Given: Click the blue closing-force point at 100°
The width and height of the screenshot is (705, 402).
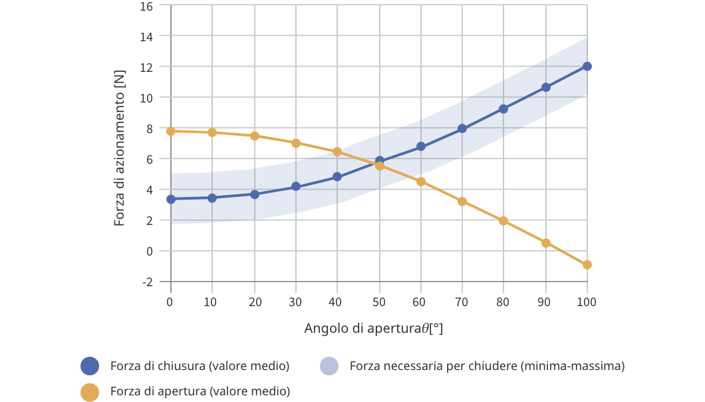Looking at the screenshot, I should tap(587, 66).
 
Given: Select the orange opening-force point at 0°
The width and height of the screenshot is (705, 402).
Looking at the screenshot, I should tap(171, 131).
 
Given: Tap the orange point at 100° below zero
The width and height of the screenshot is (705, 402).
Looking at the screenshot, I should tap(587, 265).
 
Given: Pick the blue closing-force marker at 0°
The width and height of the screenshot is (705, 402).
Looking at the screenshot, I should tap(171, 199).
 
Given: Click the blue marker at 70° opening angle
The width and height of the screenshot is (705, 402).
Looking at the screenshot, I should tap(462, 128).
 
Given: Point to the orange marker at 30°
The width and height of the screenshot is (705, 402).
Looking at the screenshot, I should tap(296, 143).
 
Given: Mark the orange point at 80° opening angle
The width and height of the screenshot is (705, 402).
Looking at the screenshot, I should tap(503, 221).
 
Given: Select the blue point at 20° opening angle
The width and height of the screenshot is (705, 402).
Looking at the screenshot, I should tap(254, 194).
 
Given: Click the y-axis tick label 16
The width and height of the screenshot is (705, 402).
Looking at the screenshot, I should tap(146, 6).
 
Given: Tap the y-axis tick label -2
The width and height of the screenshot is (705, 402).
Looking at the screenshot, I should tap(147, 282).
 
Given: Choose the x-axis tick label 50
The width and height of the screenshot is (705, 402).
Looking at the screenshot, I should tap(379, 301).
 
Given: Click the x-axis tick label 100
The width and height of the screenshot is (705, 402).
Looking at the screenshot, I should tap(587, 301).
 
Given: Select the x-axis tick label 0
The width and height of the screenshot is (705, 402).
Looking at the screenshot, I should tap(171, 301).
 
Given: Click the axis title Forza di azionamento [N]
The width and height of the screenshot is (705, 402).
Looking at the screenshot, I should tap(120, 148).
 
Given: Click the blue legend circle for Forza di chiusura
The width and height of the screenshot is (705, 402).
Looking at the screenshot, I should tap(90, 366).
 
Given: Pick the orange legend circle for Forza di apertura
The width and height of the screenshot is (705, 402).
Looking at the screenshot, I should tap(90, 391).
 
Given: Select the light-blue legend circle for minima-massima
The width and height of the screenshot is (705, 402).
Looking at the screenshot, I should tap(329, 366).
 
